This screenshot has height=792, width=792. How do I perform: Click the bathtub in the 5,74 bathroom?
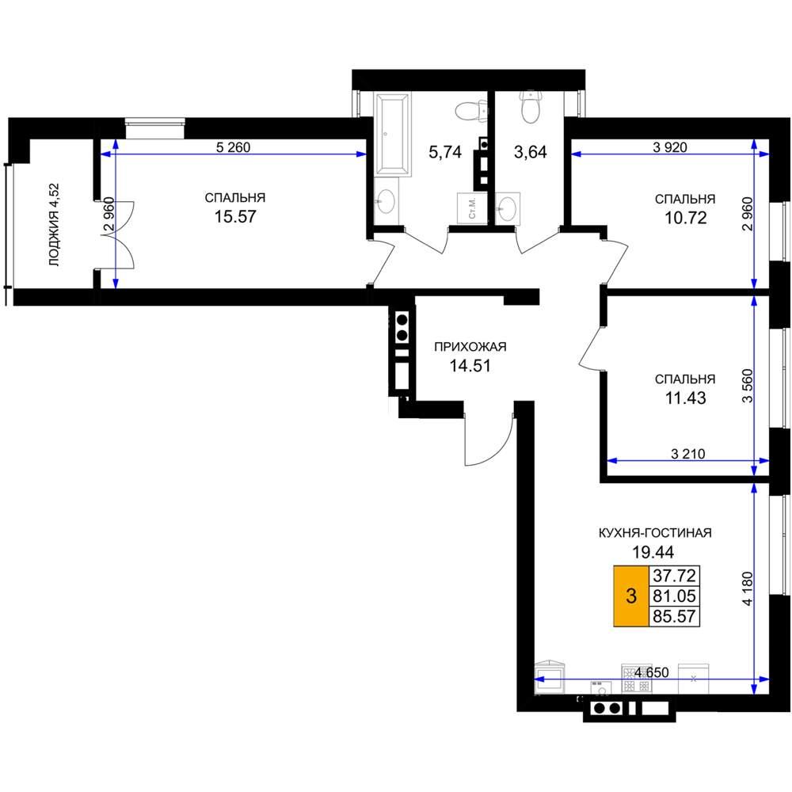point(393,135)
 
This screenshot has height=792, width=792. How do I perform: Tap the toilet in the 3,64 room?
point(531,107)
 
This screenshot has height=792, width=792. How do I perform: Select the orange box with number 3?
point(631,596)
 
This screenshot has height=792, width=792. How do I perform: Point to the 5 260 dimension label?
point(233,147)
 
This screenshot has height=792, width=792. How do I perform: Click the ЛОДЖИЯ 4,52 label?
point(54,225)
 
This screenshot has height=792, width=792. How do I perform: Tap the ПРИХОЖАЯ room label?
point(470,347)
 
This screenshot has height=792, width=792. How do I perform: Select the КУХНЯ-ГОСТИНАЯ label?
point(655,533)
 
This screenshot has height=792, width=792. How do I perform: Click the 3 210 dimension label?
point(688,454)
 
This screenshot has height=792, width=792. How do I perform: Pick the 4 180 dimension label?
point(747,588)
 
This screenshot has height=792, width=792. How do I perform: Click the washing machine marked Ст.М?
point(472,208)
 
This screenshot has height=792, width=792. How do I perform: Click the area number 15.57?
point(235,217)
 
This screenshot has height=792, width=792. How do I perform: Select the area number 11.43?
point(685,398)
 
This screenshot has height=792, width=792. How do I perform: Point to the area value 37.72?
point(674,575)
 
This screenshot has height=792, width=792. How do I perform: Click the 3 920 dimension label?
point(670,147)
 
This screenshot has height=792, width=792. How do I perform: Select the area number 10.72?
point(685,218)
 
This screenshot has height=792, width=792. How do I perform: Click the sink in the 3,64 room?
point(508,208)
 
